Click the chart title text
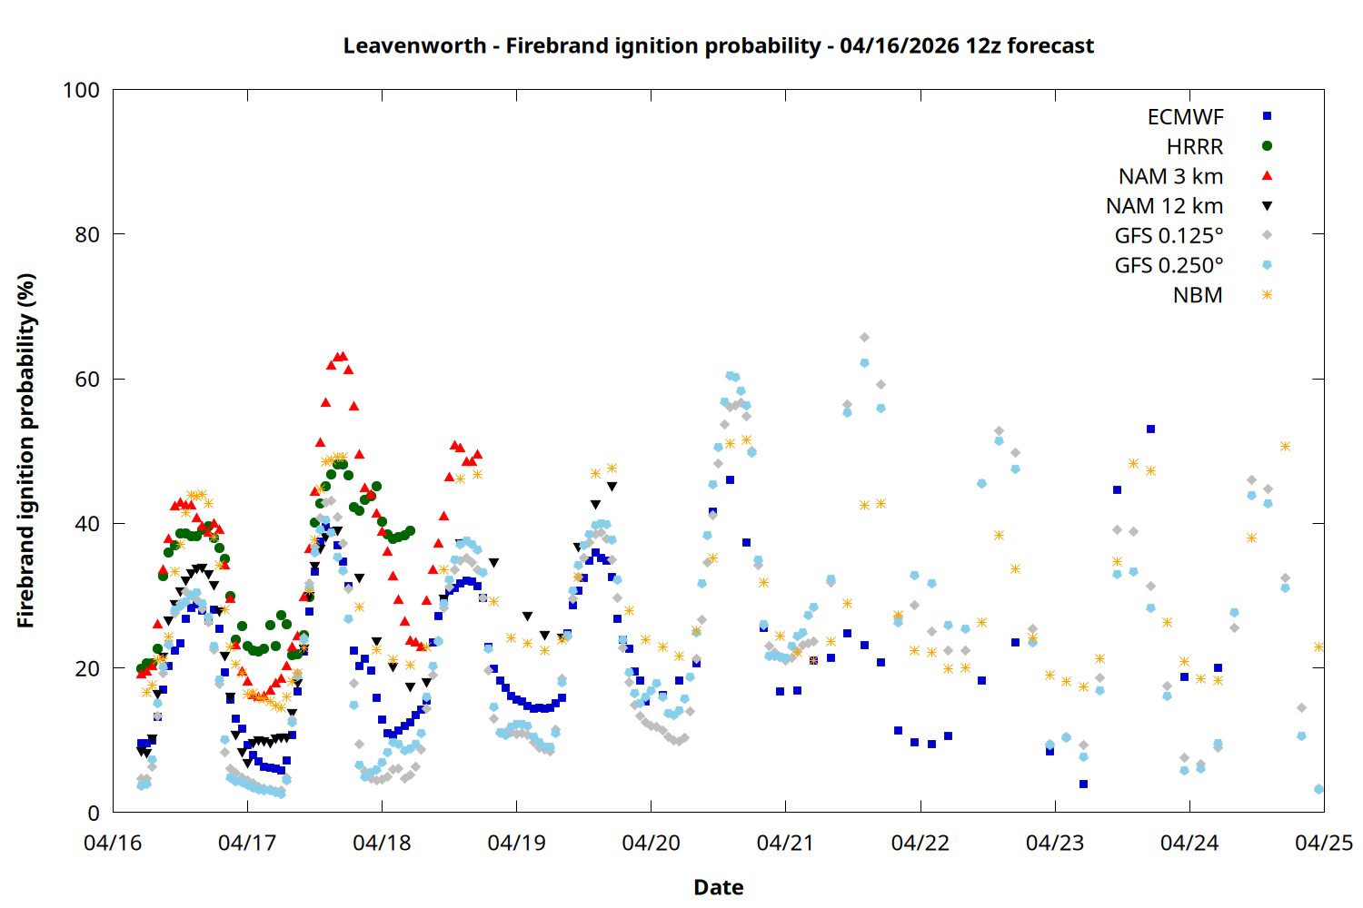718,45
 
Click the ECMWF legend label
1185,117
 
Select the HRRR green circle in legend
1268,146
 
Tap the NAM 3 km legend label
1170,176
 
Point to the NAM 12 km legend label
1164,206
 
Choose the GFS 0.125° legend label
1169,236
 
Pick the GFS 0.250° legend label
1169,266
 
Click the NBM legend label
1198,295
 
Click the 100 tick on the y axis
81,90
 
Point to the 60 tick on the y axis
87,379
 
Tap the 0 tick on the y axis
94,813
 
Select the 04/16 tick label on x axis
113,843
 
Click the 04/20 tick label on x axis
651,843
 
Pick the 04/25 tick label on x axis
1323,843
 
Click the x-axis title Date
718,887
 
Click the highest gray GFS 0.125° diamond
864,338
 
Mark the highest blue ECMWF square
1150,429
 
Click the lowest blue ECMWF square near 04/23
1083,784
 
